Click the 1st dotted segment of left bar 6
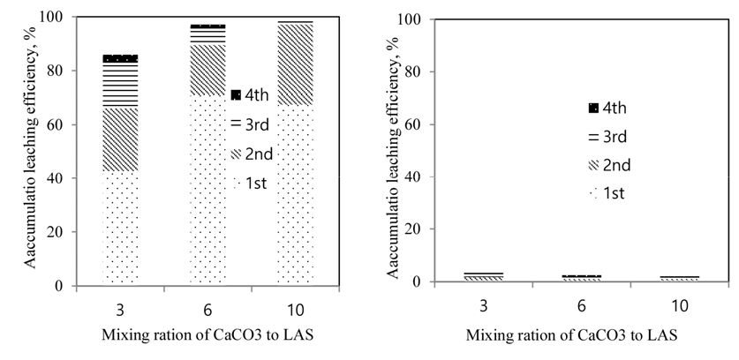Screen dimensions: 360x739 click(207, 190)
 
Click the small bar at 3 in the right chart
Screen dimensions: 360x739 click(484, 277)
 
